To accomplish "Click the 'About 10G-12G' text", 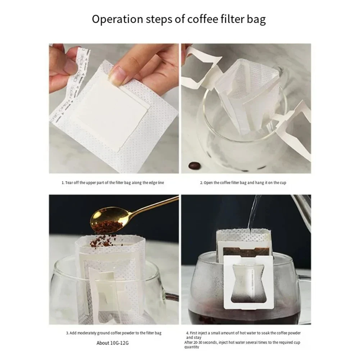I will (112, 343).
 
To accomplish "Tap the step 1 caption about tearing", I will (113, 183).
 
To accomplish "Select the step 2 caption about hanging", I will (243, 183).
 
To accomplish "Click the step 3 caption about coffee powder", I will (114, 333).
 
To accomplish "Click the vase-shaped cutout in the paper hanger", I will (245, 284).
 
